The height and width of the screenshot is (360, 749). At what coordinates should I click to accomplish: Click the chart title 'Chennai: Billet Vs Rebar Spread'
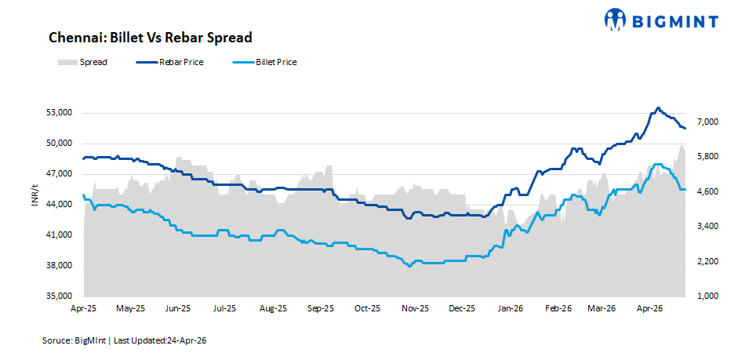[x=150, y=38]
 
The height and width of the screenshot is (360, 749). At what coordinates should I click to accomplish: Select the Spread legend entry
[x=82, y=62]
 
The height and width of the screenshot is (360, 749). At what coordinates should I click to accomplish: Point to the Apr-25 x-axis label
[x=83, y=309]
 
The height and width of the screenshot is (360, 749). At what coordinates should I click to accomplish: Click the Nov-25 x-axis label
[x=415, y=309]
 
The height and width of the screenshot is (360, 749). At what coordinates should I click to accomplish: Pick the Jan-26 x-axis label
[x=511, y=309]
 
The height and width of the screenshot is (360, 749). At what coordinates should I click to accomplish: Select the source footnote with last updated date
[x=125, y=341]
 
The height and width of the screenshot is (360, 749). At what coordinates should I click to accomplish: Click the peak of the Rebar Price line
[x=658, y=108]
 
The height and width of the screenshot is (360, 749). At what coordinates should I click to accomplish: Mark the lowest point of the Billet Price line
[x=409, y=267]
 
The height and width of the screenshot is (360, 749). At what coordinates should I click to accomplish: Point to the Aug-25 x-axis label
[x=273, y=309]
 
